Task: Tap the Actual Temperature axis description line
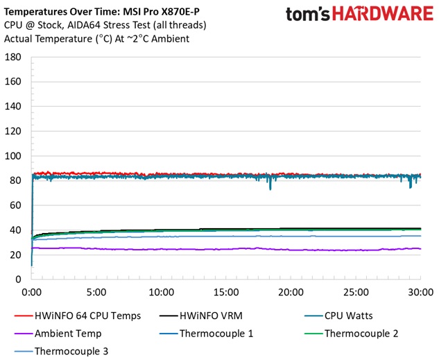coord(97,39)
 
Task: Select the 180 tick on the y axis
coord(12,57)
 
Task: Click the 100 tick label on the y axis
coord(12,156)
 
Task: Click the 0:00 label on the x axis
coord(32,292)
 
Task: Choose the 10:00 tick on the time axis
coord(161,292)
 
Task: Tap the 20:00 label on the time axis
coord(291,292)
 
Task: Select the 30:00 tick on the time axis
coord(420,292)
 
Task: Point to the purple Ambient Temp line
coord(208,249)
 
